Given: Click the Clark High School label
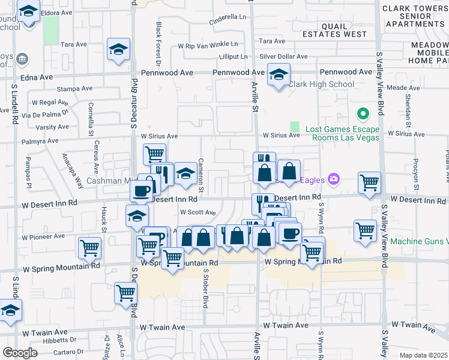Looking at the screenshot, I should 321,84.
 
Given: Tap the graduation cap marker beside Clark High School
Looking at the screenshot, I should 278,75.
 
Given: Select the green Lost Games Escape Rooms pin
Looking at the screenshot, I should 363,113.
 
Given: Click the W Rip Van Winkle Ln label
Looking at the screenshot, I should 208,46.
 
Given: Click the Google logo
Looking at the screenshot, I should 20,353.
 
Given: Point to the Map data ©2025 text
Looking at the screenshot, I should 423,355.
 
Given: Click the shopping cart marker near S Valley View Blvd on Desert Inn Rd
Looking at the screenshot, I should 369,182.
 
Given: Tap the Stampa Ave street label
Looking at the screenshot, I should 74,89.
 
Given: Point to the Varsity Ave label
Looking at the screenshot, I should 52,127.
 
